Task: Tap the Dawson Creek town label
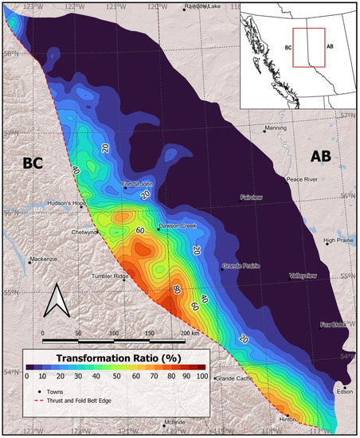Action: click(177, 226)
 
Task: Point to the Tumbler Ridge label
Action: click(111, 276)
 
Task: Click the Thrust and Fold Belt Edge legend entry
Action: click(88, 404)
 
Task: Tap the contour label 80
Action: click(176, 289)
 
